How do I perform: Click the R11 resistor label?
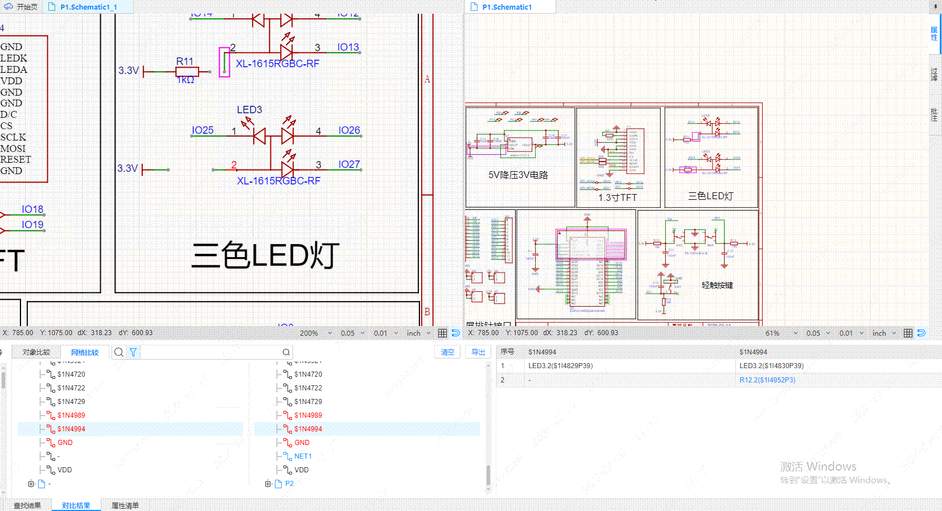(184, 61)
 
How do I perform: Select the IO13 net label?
(348, 47)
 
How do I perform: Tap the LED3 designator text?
(249, 109)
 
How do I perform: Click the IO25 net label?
(203, 130)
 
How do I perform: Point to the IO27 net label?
(349, 164)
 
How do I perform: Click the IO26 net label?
(349, 130)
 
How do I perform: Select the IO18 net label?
(32, 209)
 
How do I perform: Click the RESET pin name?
(15, 159)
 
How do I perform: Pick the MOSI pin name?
(13, 149)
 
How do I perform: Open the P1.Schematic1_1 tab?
(89, 7)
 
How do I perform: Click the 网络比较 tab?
(85, 352)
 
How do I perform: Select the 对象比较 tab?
(36, 352)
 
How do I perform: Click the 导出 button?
(478, 352)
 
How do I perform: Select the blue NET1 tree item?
(303, 456)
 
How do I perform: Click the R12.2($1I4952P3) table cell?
(767, 380)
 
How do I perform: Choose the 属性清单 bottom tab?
(125, 505)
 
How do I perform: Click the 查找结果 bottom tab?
(27, 505)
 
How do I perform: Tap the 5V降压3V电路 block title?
(518, 175)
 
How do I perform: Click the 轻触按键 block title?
(717, 285)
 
